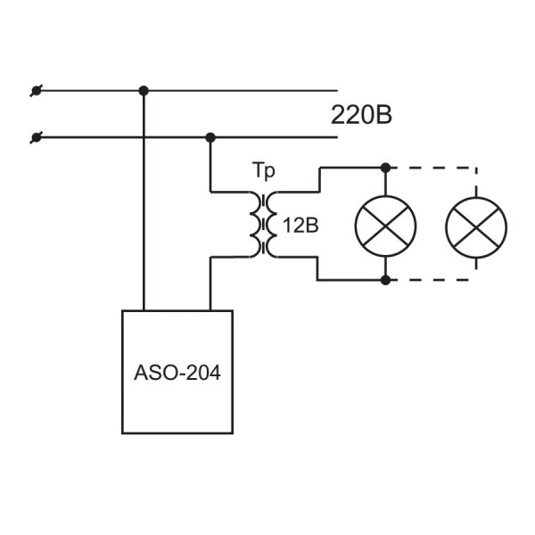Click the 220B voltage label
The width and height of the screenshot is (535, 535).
361,115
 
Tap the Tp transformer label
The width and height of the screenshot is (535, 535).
263,170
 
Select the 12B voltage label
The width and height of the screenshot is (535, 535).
301,226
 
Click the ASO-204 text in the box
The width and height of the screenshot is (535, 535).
177,372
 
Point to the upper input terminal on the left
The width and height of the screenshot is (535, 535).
36,91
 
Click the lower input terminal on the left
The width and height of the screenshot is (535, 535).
36,138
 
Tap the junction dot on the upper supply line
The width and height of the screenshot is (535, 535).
144,91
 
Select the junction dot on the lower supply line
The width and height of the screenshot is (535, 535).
210,138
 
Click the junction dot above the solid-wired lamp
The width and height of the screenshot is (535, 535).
385,168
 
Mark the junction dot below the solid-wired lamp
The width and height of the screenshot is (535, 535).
385,280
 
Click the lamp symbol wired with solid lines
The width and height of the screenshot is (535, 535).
385,226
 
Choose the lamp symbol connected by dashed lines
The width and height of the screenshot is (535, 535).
476,227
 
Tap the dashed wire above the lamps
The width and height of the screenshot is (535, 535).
433,168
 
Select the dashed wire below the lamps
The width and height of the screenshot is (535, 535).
433,280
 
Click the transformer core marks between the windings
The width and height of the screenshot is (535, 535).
263,225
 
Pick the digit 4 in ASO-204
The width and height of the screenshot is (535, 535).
215,372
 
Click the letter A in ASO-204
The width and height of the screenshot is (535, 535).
141,372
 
